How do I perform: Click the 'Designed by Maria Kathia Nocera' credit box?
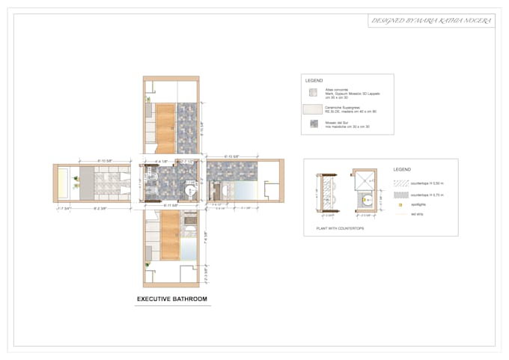pos(431,21)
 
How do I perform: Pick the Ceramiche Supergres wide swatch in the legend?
pos(312,110)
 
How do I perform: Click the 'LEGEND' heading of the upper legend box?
pos(315,79)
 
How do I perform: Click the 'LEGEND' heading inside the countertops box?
pos(402,170)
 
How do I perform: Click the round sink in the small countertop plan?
pos(366,200)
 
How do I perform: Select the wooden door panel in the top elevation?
pos(165,123)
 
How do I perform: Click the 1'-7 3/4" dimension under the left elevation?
pos(63,209)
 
